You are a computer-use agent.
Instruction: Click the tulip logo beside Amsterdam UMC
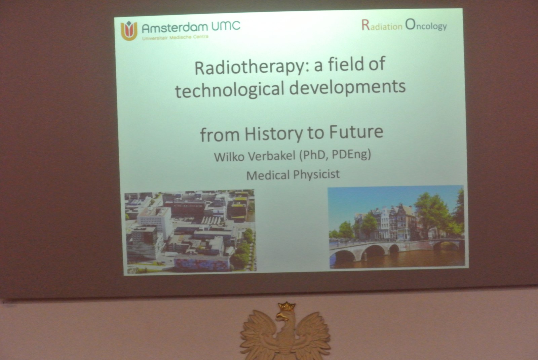coord(129,31)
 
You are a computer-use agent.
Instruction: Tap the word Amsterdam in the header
coord(175,28)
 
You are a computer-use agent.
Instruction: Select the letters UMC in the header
coord(226,26)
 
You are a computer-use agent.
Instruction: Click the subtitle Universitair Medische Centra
coord(175,38)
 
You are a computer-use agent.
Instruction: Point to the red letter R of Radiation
coord(366,25)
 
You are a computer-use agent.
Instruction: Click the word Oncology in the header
coord(426,25)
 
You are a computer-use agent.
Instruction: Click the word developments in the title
coord(347,86)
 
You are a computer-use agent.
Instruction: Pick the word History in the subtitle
coord(274,133)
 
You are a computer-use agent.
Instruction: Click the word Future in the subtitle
coord(356,132)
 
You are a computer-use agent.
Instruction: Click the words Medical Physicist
coord(293,174)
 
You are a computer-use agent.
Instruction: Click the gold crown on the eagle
coord(286,307)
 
